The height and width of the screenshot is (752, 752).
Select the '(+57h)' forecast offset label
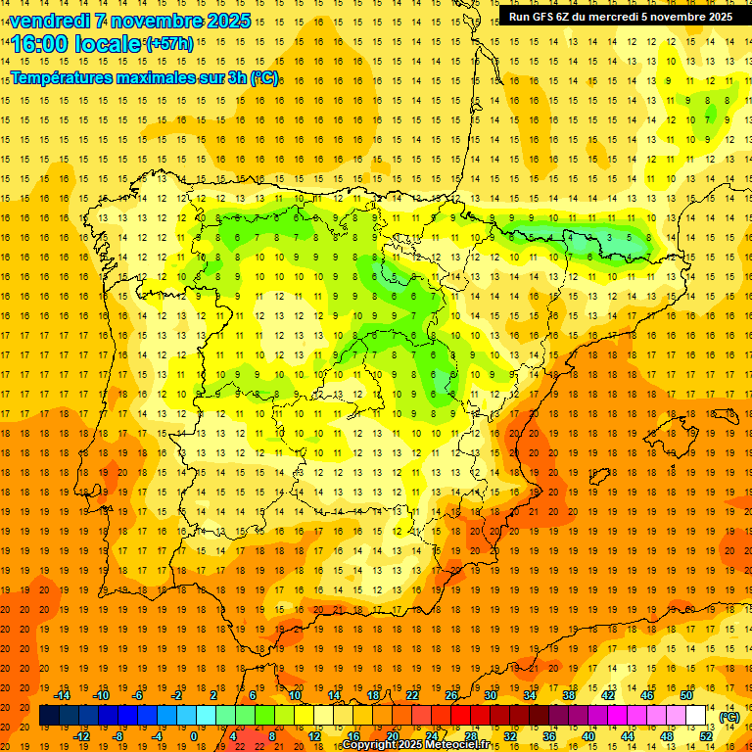[x=168, y=44]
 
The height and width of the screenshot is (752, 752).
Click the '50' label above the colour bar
[x=686, y=695]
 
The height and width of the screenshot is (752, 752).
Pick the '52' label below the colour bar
[x=706, y=736]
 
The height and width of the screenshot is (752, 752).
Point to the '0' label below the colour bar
[x=194, y=736]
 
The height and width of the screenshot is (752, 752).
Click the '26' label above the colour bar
[x=451, y=695]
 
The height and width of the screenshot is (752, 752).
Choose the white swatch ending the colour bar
[x=695, y=716]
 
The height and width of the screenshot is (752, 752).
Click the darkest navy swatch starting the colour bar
[x=49, y=716]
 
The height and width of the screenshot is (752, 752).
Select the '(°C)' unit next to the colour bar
[x=729, y=717]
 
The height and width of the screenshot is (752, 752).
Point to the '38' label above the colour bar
[x=569, y=695]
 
